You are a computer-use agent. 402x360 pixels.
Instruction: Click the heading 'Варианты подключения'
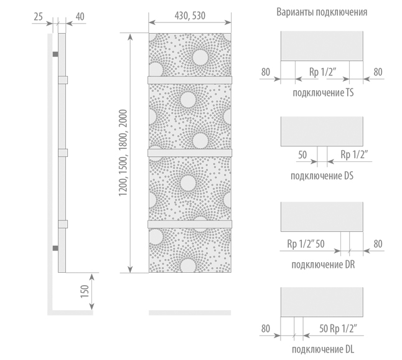pos(322,12)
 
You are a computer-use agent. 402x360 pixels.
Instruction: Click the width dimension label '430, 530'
pos(190,16)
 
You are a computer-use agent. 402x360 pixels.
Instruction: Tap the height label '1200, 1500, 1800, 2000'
pos(123,153)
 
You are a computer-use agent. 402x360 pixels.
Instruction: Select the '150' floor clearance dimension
pos(85,291)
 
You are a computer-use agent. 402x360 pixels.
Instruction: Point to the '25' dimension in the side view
pos(38,17)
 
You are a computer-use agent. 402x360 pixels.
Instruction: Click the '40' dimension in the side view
pos(80,17)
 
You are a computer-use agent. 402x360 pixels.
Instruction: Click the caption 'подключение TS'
pos(323,93)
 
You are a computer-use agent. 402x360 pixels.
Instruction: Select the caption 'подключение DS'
pos(322,176)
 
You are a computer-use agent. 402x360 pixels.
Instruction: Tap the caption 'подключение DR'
pos(323,265)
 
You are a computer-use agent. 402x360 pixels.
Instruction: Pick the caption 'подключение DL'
pos(323,349)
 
